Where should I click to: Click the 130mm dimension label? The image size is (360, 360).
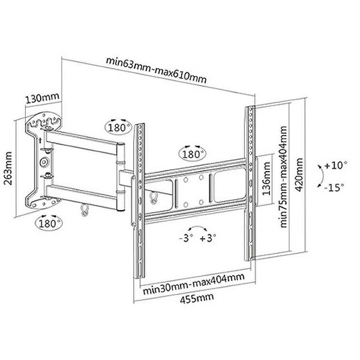click(43, 98)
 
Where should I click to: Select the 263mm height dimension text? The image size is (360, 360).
click(8, 168)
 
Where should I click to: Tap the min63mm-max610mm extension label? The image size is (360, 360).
click(156, 70)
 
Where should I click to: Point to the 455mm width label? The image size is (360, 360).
click(197, 298)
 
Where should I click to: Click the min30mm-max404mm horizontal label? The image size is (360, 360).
click(194, 284)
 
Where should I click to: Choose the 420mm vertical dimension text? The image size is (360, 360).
click(299, 175)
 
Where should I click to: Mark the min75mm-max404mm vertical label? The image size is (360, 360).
click(283, 177)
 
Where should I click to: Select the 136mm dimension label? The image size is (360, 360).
click(266, 178)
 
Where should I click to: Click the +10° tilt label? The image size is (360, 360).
click(335, 166)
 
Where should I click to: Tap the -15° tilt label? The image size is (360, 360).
click(335, 188)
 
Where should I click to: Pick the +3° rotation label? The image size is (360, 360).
click(208, 238)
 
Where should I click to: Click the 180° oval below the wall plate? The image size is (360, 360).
click(49, 223)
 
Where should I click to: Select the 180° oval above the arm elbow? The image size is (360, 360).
click(118, 127)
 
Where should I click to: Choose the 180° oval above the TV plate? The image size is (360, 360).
click(193, 154)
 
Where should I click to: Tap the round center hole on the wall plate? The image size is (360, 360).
click(44, 162)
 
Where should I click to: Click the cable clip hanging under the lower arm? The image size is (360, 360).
click(84, 209)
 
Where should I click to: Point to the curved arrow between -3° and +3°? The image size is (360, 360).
click(197, 227)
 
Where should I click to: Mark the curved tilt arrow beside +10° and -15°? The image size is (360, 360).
click(321, 176)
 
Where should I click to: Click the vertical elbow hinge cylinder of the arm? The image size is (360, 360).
click(121, 177)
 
